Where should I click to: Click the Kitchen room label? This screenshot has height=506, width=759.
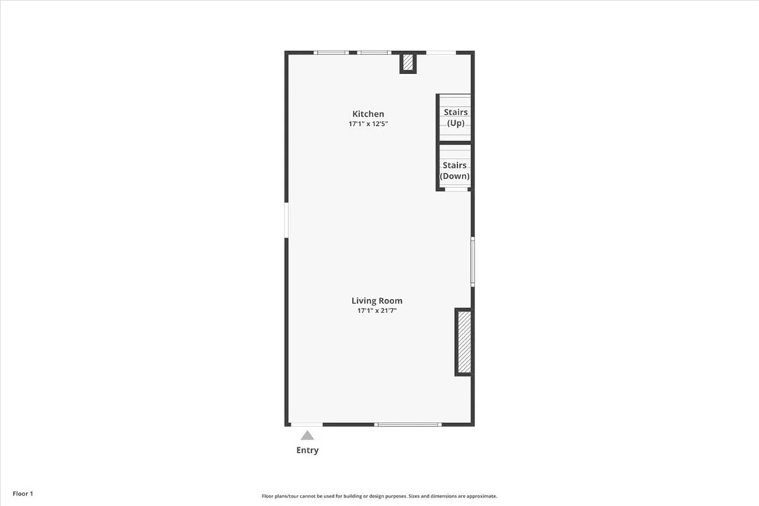[x=368, y=114]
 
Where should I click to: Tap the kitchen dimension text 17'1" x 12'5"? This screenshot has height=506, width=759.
[x=368, y=124]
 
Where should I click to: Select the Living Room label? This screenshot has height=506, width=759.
[x=377, y=301]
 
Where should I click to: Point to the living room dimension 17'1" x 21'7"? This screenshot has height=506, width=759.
[x=377, y=311]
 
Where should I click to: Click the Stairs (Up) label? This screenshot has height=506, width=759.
[x=456, y=117]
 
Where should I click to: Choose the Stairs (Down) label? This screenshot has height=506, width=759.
[x=454, y=171]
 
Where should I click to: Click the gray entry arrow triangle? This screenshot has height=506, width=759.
[x=307, y=435]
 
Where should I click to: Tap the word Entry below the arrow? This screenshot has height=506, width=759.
[x=308, y=450]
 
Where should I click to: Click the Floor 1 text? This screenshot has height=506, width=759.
[x=23, y=494]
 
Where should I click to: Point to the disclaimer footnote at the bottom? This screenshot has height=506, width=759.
[x=379, y=496]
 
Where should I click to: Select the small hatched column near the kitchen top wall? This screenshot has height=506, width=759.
[x=408, y=62]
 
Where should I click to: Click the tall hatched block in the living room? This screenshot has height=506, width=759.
[x=464, y=342]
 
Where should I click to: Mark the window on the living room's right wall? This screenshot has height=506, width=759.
[x=473, y=261]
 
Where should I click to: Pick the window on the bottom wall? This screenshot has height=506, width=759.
[x=407, y=425]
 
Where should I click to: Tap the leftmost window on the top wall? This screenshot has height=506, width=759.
[x=331, y=52]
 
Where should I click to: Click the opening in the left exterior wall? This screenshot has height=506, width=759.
[x=287, y=220]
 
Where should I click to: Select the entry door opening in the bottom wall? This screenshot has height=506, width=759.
[x=307, y=425]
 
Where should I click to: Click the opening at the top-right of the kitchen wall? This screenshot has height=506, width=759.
[x=441, y=52]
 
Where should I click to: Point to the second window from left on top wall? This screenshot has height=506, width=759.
[x=374, y=52]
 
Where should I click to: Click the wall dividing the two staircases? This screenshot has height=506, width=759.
[x=454, y=143]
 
